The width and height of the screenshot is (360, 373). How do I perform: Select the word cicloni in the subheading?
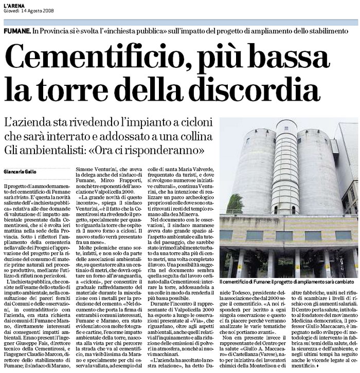point(195,124)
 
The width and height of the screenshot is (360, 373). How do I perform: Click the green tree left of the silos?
point(235,204)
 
